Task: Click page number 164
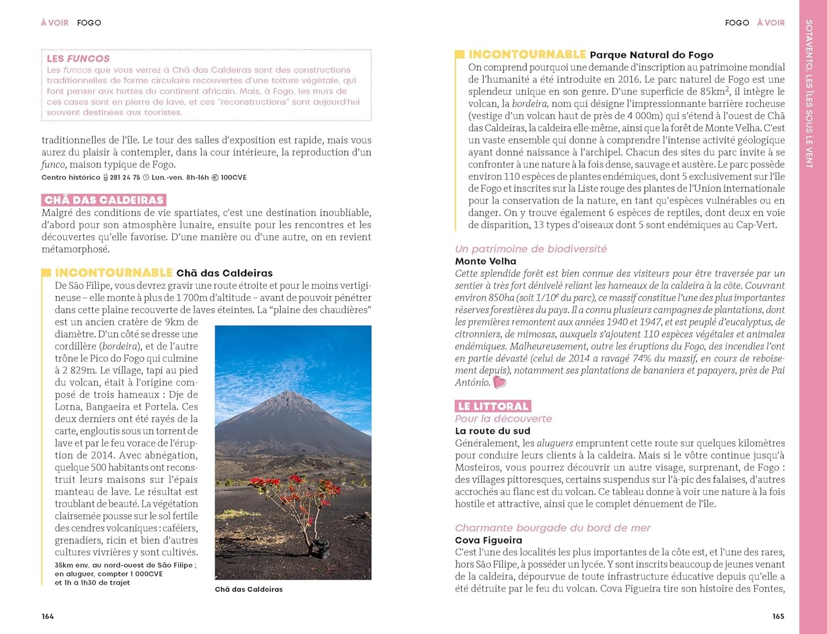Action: [x=48, y=616]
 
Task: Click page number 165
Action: [x=778, y=616]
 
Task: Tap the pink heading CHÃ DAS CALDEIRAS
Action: [x=104, y=200]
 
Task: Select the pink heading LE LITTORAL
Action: [x=493, y=406]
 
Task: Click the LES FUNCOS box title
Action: [x=78, y=58]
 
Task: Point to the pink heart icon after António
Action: [x=500, y=382]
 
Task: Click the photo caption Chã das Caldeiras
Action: [x=249, y=589]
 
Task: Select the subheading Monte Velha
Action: [x=486, y=261]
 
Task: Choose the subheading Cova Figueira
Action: [x=488, y=540]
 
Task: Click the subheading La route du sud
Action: [x=492, y=431]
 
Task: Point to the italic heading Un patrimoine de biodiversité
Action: [x=531, y=249]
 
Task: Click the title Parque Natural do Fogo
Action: [x=651, y=55]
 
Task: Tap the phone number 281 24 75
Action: [x=125, y=178]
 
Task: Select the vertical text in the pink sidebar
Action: [x=809, y=94]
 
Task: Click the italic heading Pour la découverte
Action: [x=503, y=419]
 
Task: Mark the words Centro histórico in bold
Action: [x=71, y=178]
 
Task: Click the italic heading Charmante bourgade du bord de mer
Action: [x=552, y=528]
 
